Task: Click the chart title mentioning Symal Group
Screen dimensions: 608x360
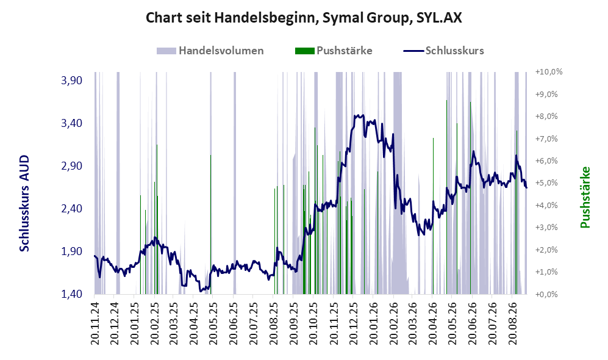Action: coord(304,18)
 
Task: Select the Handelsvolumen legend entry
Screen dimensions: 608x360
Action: coord(210,51)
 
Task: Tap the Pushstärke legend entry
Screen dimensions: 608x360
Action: coord(334,51)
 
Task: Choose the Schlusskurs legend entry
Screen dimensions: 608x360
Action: coord(443,51)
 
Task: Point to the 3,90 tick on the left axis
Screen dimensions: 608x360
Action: coord(72,81)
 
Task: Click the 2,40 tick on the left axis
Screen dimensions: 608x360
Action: coord(72,209)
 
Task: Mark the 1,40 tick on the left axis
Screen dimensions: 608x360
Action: coord(72,294)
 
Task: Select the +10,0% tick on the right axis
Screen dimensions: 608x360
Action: coord(549,72)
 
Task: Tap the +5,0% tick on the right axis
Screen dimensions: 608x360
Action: coord(549,182)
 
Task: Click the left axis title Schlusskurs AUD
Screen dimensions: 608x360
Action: coord(24,203)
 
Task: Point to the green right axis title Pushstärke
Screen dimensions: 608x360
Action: coord(585,198)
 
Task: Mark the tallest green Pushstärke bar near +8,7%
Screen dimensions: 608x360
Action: coord(446,197)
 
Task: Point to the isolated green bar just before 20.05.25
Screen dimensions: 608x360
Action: coord(210,225)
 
